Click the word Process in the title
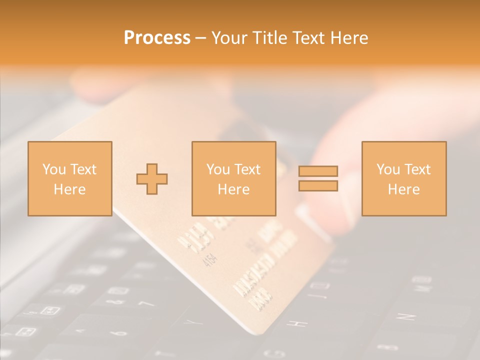(x=157, y=38)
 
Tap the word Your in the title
(x=230, y=38)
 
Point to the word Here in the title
(x=349, y=38)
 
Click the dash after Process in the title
(x=201, y=38)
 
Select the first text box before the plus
(x=69, y=178)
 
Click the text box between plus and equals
(x=233, y=178)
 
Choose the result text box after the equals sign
(x=403, y=178)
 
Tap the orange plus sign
(x=152, y=178)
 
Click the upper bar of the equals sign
(x=318, y=171)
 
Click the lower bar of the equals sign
(x=318, y=185)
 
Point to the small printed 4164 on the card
(x=210, y=260)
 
